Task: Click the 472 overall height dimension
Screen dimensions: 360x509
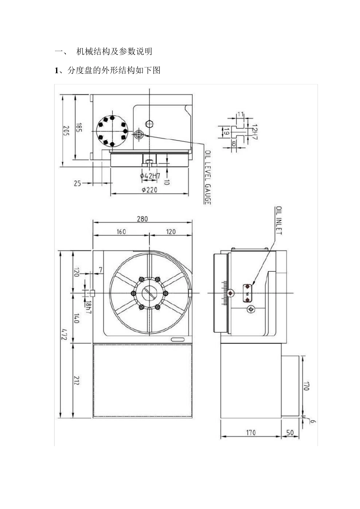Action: (x=64, y=334)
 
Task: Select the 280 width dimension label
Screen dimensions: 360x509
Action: (x=142, y=219)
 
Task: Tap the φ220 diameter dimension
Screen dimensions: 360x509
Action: (x=149, y=190)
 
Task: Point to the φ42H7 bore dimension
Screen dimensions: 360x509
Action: (x=150, y=176)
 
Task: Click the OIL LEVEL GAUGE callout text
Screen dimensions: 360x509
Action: (x=208, y=177)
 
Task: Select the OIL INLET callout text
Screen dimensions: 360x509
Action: (x=279, y=220)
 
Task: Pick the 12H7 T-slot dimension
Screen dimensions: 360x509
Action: (x=255, y=132)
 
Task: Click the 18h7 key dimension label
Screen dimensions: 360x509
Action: (x=88, y=308)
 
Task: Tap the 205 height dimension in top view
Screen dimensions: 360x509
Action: (x=66, y=131)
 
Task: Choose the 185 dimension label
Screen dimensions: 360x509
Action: (x=79, y=127)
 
